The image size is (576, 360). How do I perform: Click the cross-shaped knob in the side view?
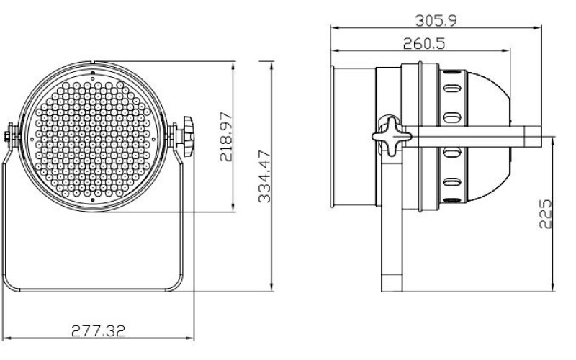point(388,136)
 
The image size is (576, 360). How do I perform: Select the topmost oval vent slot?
point(453,89)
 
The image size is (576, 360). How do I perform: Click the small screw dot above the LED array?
point(94,73)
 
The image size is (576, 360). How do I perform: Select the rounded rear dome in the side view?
point(490,135)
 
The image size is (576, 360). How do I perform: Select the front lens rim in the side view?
point(334,135)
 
